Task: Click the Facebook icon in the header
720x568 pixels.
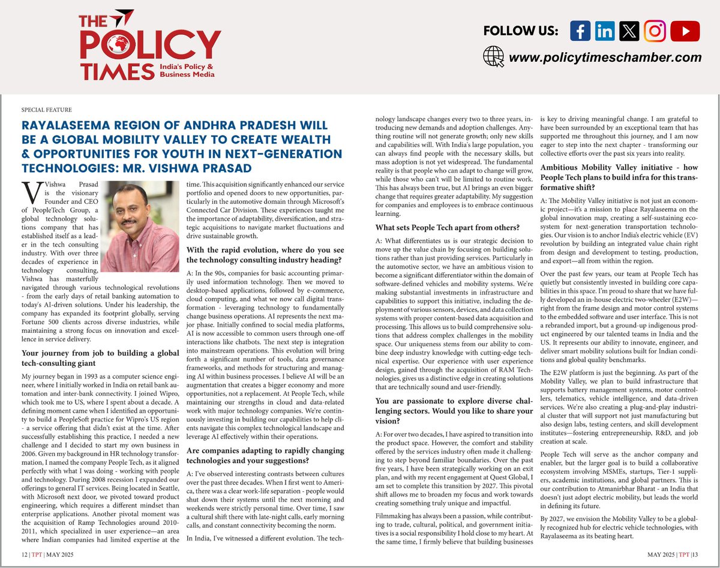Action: pos(580,31)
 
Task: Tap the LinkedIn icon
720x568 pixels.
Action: pos(605,31)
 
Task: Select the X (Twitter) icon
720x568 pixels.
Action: pos(629,31)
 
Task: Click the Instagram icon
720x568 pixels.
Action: pos(655,31)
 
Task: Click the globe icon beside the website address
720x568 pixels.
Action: pos(493,57)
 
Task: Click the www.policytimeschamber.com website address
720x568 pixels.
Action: pos(605,58)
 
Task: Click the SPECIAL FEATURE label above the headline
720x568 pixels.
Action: pos(46,110)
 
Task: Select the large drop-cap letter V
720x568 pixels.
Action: pos(29,193)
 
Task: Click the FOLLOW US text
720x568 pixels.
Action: pos(520,31)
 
